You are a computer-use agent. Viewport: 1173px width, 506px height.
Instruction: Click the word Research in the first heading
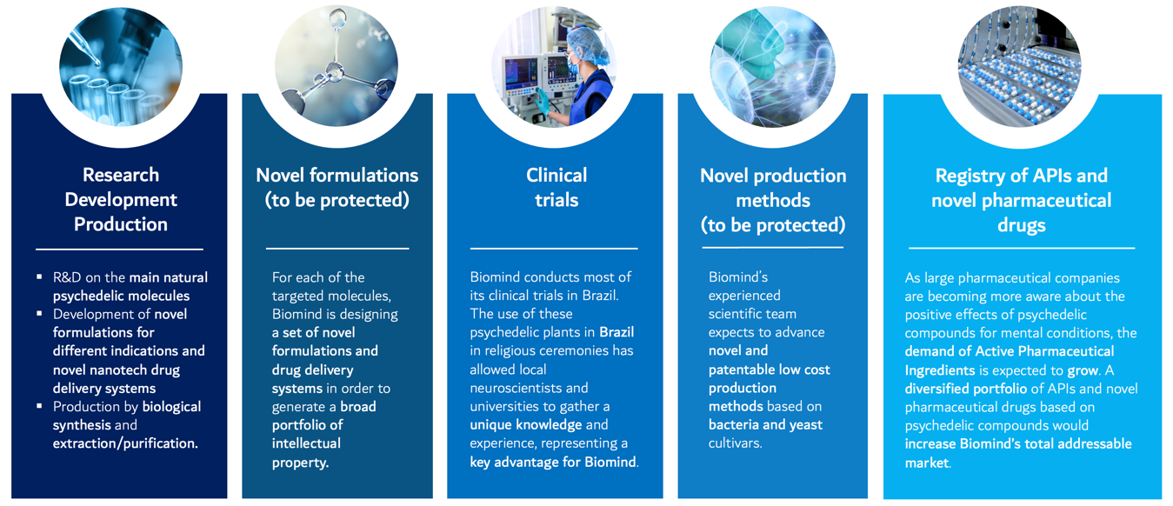click(121, 175)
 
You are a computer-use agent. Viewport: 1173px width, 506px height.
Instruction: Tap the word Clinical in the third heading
click(557, 175)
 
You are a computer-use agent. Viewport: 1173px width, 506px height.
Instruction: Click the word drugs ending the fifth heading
click(1021, 225)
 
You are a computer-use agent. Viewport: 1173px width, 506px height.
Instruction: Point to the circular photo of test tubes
click(121, 67)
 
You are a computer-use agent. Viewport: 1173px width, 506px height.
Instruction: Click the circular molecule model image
click(337, 66)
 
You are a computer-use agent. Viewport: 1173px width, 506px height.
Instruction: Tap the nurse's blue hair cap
click(589, 44)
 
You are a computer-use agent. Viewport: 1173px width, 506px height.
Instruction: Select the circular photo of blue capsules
click(1020, 67)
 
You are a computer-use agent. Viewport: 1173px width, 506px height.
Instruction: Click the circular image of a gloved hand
click(772, 67)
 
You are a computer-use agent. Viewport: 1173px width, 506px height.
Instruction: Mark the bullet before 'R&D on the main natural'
click(39, 276)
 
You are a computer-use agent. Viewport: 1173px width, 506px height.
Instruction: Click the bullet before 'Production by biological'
click(39, 406)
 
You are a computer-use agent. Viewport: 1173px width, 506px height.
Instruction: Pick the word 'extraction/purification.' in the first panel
click(125, 443)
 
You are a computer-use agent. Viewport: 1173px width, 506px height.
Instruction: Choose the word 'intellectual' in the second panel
click(306, 443)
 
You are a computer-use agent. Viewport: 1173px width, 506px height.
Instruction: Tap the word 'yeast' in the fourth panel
click(806, 425)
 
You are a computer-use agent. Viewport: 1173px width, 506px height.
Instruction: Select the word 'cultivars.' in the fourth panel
click(736, 443)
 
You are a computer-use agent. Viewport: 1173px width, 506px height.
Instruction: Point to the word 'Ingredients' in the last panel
click(939, 370)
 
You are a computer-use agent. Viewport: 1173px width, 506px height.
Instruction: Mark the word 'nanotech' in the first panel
click(117, 370)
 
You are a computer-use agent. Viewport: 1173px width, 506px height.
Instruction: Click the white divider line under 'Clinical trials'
click(554, 249)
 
